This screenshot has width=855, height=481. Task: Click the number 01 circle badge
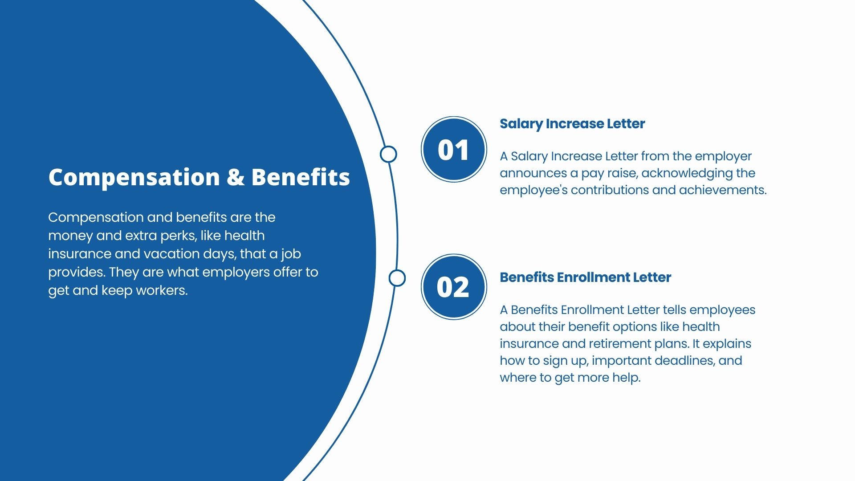click(x=454, y=149)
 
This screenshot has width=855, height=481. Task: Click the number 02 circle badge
click(x=454, y=287)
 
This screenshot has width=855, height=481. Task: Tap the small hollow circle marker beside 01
click(x=388, y=154)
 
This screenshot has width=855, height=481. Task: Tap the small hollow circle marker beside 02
click(x=397, y=278)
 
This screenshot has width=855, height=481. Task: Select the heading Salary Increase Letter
click(x=572, y=124)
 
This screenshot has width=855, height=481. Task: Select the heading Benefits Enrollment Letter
click(x=585, y=277)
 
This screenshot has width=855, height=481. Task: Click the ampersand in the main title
click(x=235, y=177)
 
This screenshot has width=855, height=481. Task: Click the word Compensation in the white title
click(x=134, y=178)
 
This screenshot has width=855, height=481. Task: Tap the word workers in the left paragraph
click(x=162, y=290)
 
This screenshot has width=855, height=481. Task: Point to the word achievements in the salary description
click(x=722, y=190)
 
